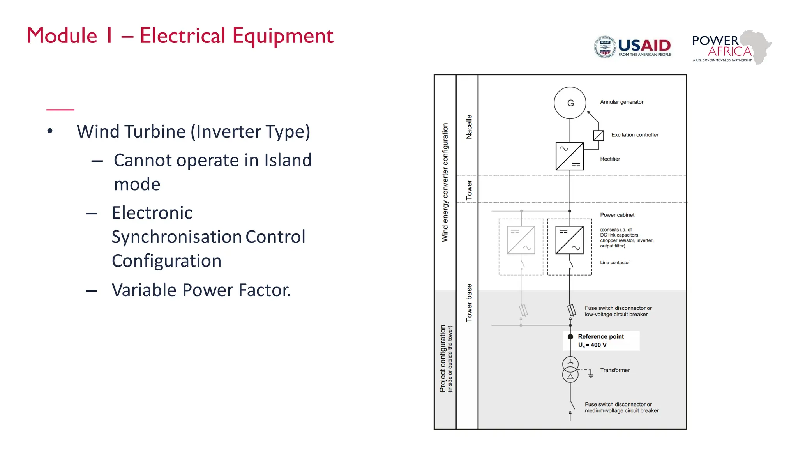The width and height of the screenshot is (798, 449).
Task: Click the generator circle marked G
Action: tap(570, 103)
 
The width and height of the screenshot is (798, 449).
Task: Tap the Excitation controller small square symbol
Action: tap(598, 135)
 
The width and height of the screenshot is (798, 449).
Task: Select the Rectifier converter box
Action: tap(569, 156)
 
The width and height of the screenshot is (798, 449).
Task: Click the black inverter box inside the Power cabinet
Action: tap(569, 240)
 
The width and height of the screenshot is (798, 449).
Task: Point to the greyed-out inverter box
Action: tap(521, 240)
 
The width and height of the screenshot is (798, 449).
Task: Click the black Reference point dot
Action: tap(570, 337)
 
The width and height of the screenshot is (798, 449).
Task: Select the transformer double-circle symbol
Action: tap(570, 369)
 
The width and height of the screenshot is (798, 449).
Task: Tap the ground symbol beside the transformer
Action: tap(591, 375)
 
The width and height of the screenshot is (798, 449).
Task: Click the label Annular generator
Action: tap(621, 102)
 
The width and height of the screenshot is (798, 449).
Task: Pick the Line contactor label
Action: tap(615, 263)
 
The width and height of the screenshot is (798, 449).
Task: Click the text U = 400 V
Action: tap(592, 345)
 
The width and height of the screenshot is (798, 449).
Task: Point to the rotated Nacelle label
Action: tap(469, 127)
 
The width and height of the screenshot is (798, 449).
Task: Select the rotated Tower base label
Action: tap(469, 303)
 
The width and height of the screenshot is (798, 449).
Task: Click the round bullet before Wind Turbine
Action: tap(50, 131)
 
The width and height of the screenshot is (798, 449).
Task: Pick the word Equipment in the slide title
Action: tap(283, 36)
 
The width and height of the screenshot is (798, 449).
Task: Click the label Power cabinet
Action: tap(617, 215)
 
